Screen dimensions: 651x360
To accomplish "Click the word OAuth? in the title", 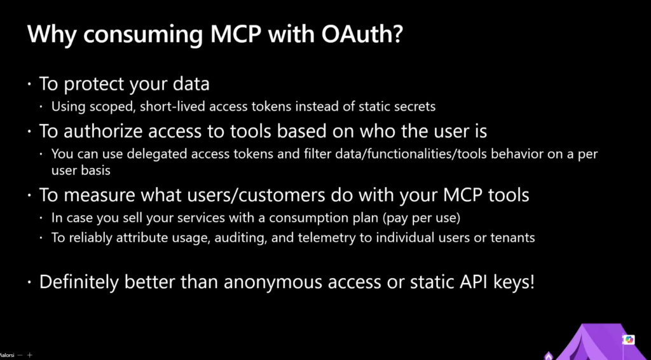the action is [362, 34].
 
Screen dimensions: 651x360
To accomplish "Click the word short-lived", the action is [173, 107].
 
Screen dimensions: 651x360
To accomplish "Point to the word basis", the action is [96, 170].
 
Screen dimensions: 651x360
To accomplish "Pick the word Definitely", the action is [79, 282].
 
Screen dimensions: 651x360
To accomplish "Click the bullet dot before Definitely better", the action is [29, 283].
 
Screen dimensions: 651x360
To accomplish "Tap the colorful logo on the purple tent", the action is [629, 340].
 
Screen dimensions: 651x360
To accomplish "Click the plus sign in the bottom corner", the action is [29, 355].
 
